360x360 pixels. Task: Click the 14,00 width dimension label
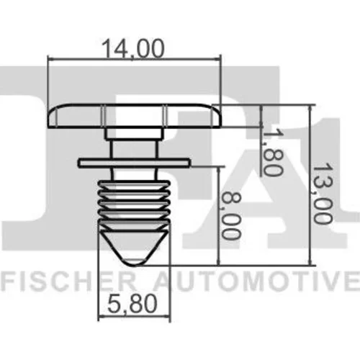tap(133, 49)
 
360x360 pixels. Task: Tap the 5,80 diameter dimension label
tap(132, 304)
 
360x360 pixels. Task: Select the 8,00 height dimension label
tap(230, 216)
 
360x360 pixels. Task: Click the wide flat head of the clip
tap(134, 116)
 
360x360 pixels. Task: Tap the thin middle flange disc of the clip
tap(135, 163)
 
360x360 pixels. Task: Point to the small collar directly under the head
tap(132, 134)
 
